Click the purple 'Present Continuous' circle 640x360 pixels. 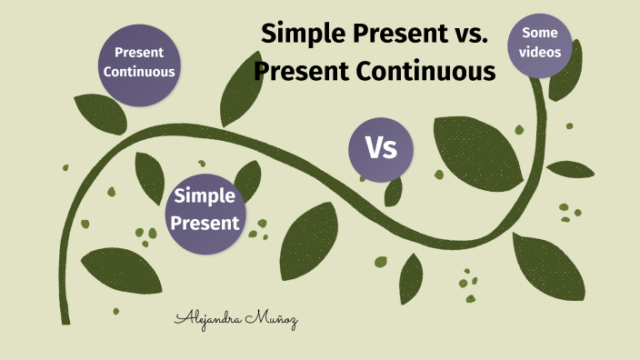pyautogui.click(x=139, y=62)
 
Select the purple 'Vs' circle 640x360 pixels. pyautogui.click(x=381, y=147)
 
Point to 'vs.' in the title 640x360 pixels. pyautogui.click(x=470, y=35)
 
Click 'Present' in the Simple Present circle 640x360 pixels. pyautogui.click(x=205, y=222)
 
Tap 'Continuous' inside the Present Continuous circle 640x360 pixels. pyautogui.click(x=139, y=71)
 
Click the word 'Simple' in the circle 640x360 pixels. pyautogui.click(x=205, y=195)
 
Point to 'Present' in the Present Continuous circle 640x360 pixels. pyautogui.click(x=139, y=52)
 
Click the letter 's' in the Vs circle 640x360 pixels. pyautogui.click(x=392, y=149)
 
